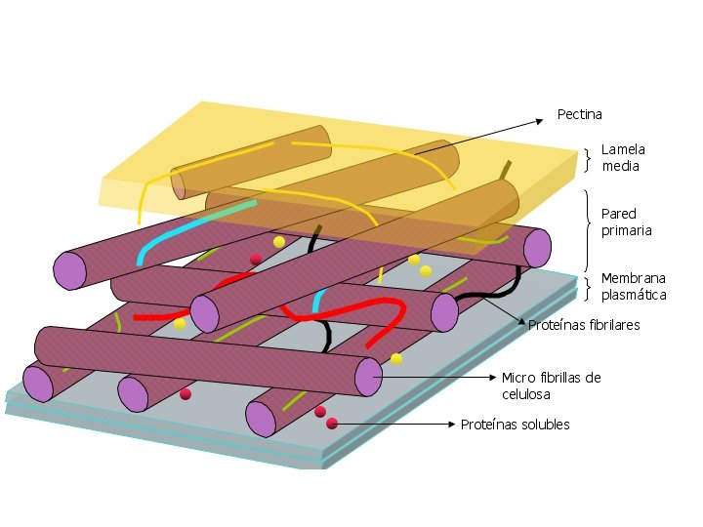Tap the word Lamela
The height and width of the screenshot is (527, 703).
623,149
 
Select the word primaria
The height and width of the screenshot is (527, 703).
626,230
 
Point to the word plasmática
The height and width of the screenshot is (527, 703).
634,294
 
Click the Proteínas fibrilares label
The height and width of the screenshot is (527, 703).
584,325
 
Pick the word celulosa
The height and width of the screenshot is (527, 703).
526,394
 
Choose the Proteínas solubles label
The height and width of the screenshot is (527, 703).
515,425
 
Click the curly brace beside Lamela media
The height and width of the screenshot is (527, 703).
588,158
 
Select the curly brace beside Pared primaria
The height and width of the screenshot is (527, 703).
588,229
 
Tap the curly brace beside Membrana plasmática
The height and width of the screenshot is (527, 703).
588,287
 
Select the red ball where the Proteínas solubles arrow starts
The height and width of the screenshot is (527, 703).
332,424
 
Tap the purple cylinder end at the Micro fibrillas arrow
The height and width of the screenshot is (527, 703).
368,377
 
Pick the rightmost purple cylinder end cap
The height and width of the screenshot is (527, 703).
538,248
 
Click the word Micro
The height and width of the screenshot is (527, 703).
517,378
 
